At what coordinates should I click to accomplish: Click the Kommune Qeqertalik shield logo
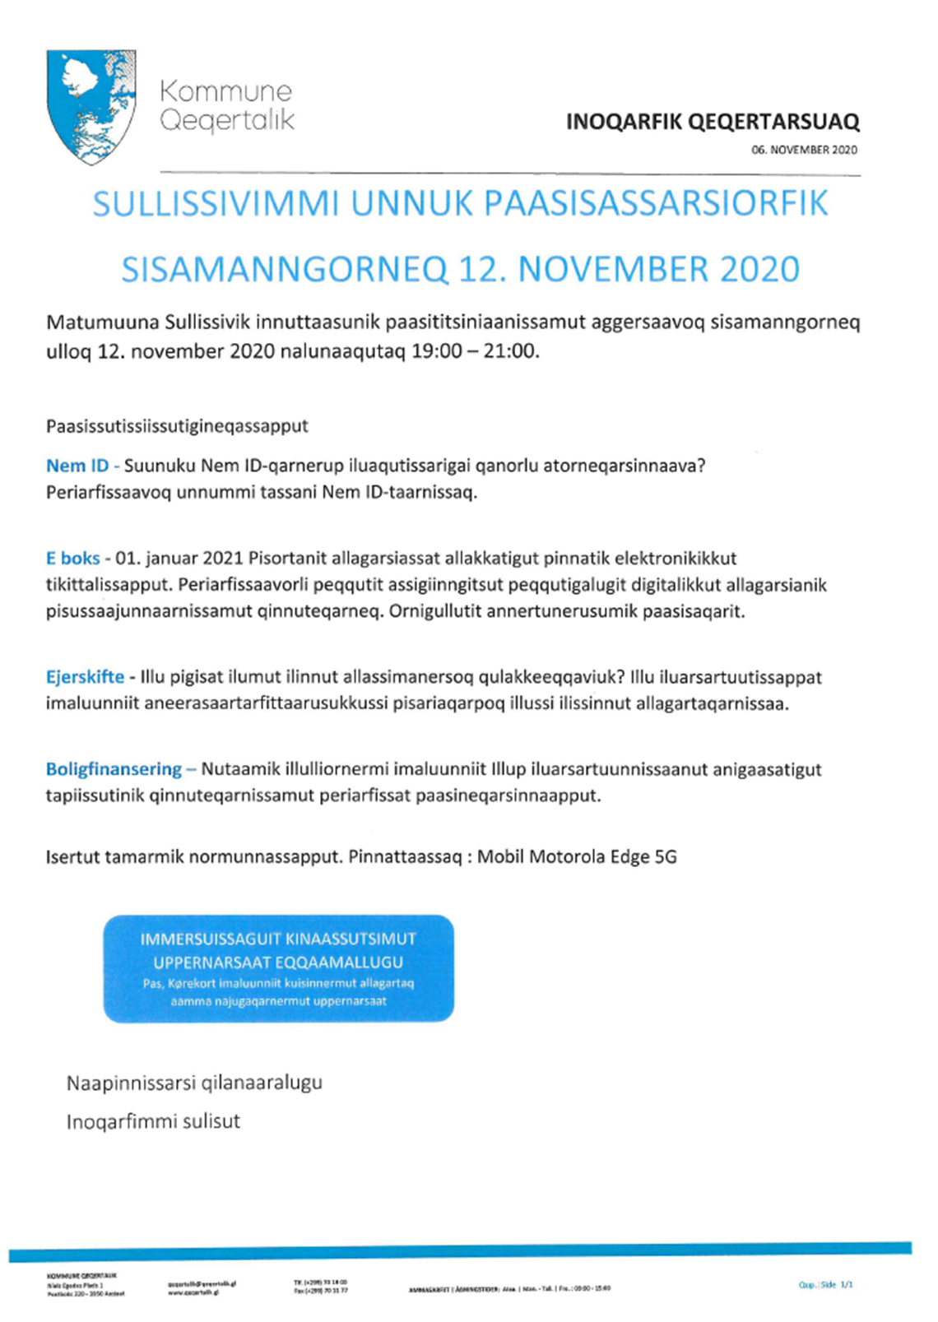91,106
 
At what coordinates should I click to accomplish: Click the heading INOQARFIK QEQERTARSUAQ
713,123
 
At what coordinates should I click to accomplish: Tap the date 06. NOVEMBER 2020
804,150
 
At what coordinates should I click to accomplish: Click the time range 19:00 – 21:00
474,351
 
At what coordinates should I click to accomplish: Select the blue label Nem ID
77,466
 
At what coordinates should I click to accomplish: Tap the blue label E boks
72,558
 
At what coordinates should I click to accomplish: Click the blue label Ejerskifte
85,677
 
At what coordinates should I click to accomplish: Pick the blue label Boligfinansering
114,769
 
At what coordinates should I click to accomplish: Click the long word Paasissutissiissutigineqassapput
177,426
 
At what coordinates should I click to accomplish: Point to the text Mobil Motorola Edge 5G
577,856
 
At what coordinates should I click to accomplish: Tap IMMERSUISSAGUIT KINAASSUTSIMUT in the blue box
278,939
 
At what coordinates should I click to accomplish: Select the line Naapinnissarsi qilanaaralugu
194,1082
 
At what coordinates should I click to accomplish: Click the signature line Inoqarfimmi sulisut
153,1121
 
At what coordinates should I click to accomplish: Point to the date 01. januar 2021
179,558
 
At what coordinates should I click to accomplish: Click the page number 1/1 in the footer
847,1284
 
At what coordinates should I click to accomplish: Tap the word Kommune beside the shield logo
225,90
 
